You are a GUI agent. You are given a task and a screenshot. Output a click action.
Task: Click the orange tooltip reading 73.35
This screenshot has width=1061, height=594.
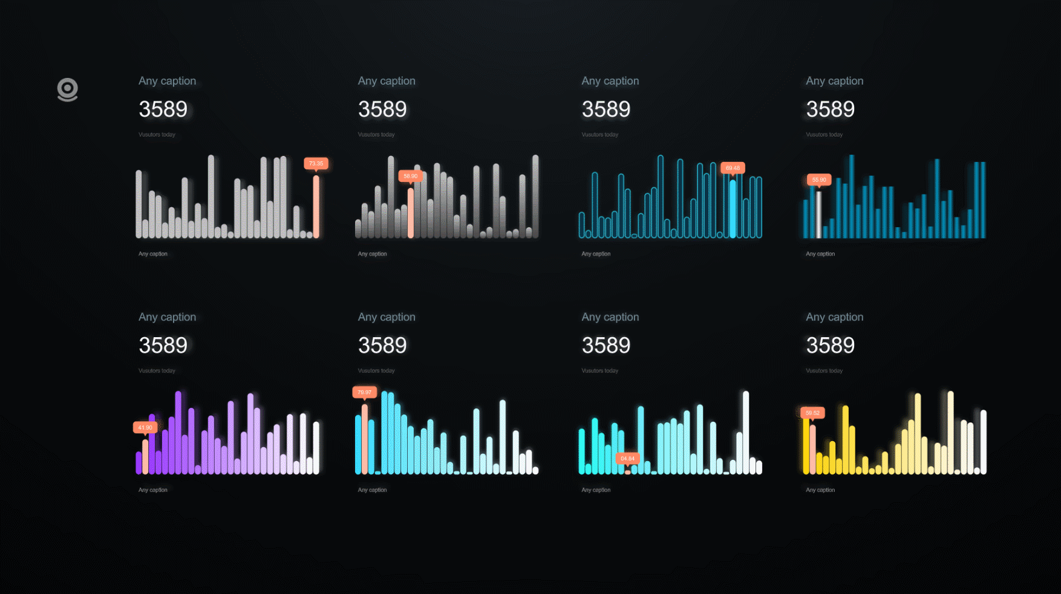point(316,163)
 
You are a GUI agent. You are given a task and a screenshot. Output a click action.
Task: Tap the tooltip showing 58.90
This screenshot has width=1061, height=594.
point(410,176)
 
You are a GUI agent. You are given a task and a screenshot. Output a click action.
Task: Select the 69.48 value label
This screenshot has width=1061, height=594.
point(733,168)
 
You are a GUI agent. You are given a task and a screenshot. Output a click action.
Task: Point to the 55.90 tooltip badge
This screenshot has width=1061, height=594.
point(819,179)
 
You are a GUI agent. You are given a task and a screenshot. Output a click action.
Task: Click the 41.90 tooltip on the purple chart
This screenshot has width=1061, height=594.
point(145,427)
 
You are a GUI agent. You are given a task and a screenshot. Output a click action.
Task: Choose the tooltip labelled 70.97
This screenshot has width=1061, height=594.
point(364,392)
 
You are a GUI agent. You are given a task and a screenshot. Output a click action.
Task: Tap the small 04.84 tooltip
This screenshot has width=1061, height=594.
point(627,458)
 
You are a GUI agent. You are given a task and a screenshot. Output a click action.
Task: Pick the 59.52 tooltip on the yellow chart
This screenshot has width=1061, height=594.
point(812,413)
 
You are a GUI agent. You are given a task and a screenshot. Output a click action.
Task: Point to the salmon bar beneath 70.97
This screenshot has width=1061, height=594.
point(365,438)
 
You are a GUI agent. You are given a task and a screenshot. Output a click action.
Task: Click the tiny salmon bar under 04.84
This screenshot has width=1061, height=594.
point(628,471)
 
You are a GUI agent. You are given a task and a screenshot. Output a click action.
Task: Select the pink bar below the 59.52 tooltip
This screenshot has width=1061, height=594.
point(813,449)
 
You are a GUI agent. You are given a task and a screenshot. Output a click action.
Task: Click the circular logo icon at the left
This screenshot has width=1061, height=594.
point(68,89)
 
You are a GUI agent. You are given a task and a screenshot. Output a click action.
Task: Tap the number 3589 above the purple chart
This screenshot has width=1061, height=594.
point(163,346)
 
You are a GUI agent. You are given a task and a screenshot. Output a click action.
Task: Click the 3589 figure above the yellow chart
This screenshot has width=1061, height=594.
point(830,346)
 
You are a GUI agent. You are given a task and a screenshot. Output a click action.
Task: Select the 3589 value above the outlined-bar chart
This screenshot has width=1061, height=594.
point(606,109)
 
